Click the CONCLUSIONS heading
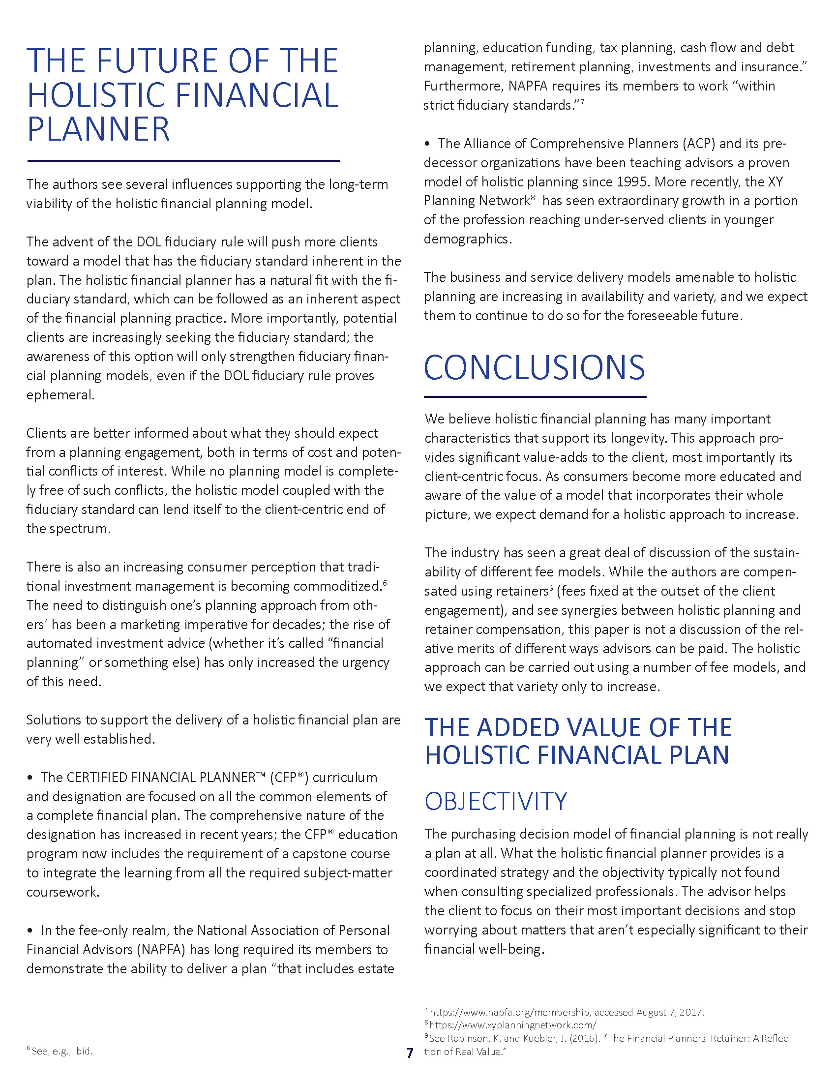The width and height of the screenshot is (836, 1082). tap(534, 368)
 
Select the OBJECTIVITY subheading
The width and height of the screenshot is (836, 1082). tap(495, 801)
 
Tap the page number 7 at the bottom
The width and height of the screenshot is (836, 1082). tap(409, 1053)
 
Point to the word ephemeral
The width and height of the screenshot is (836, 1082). tap(60, 395)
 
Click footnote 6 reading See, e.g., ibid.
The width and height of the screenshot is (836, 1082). tap(60, 1051)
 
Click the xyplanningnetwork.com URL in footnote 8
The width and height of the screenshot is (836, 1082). tap(512, 1025)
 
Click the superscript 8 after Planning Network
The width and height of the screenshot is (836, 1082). tap(533, 197)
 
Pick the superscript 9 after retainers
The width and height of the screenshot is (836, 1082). tap(551, 588)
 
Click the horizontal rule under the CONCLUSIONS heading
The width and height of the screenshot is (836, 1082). tap(535, 397)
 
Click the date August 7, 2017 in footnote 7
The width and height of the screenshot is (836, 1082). tap(670, 1012)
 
